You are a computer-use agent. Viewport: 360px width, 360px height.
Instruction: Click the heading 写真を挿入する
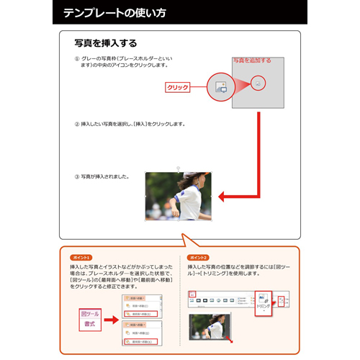pyautogui.click(x=106, y=43)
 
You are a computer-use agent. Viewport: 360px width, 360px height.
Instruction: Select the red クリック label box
pyautogui.click(x=177, y=87)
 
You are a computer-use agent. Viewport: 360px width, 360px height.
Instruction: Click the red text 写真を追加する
pyautogui.click(x=251, y=60)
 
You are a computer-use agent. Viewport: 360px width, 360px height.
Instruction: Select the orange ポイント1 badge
pyautogui.click(x=81, y=257)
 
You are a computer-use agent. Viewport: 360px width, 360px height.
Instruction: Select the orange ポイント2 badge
pyautogui.click(x=197, y=257)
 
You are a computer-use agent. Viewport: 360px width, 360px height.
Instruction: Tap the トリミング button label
pyautogui.click(x=264, y=305)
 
